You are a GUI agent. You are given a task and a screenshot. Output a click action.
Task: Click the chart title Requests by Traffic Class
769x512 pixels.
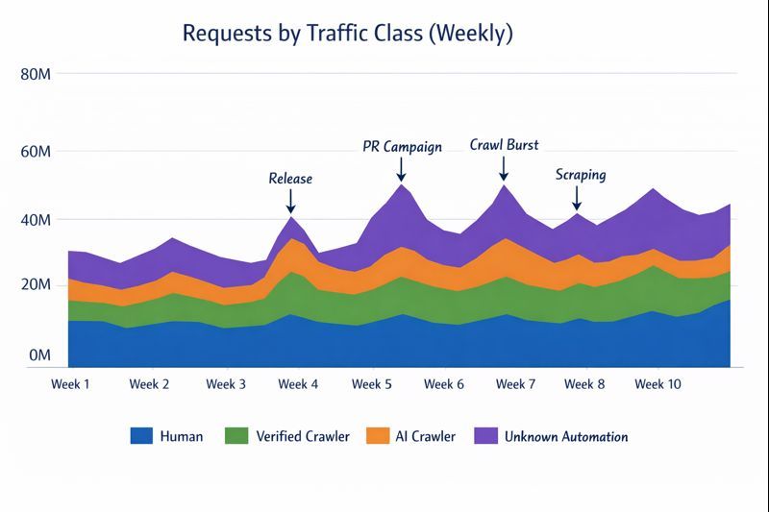[347, 35]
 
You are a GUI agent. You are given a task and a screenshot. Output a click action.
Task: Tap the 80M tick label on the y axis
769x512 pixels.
[35, 74]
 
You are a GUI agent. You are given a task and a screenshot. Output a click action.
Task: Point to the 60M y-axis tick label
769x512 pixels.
[35, 152]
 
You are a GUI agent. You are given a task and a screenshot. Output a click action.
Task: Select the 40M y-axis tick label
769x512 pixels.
[35, 220]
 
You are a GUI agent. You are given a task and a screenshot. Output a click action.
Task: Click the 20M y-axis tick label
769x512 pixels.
[35, 285]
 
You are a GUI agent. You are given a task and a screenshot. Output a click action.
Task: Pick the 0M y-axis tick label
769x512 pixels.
[38, 355]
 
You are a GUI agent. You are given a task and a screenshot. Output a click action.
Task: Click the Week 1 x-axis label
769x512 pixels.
[70, 384]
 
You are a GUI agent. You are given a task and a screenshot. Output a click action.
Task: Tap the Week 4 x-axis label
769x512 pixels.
[298, 384]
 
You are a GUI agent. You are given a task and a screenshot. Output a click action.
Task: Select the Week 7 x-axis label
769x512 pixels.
[516, 384]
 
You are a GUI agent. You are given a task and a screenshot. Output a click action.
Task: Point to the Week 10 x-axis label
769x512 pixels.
[658, 384]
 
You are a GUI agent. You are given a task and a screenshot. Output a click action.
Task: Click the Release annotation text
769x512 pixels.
[290, 179]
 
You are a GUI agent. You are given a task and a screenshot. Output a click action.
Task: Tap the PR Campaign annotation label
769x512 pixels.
[402, 147]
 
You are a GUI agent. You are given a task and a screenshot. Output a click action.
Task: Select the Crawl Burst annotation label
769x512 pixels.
[504, 145]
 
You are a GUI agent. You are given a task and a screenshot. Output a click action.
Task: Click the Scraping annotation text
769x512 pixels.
[581, 175]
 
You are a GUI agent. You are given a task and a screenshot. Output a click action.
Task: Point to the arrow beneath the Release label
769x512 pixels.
[290, 201]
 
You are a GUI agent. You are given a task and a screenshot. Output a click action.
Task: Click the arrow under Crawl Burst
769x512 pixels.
[503, 168]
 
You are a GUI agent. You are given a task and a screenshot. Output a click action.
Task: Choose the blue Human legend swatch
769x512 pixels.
[141, 436]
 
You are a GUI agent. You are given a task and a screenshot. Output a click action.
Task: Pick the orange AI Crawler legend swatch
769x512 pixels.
[380, 436]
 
